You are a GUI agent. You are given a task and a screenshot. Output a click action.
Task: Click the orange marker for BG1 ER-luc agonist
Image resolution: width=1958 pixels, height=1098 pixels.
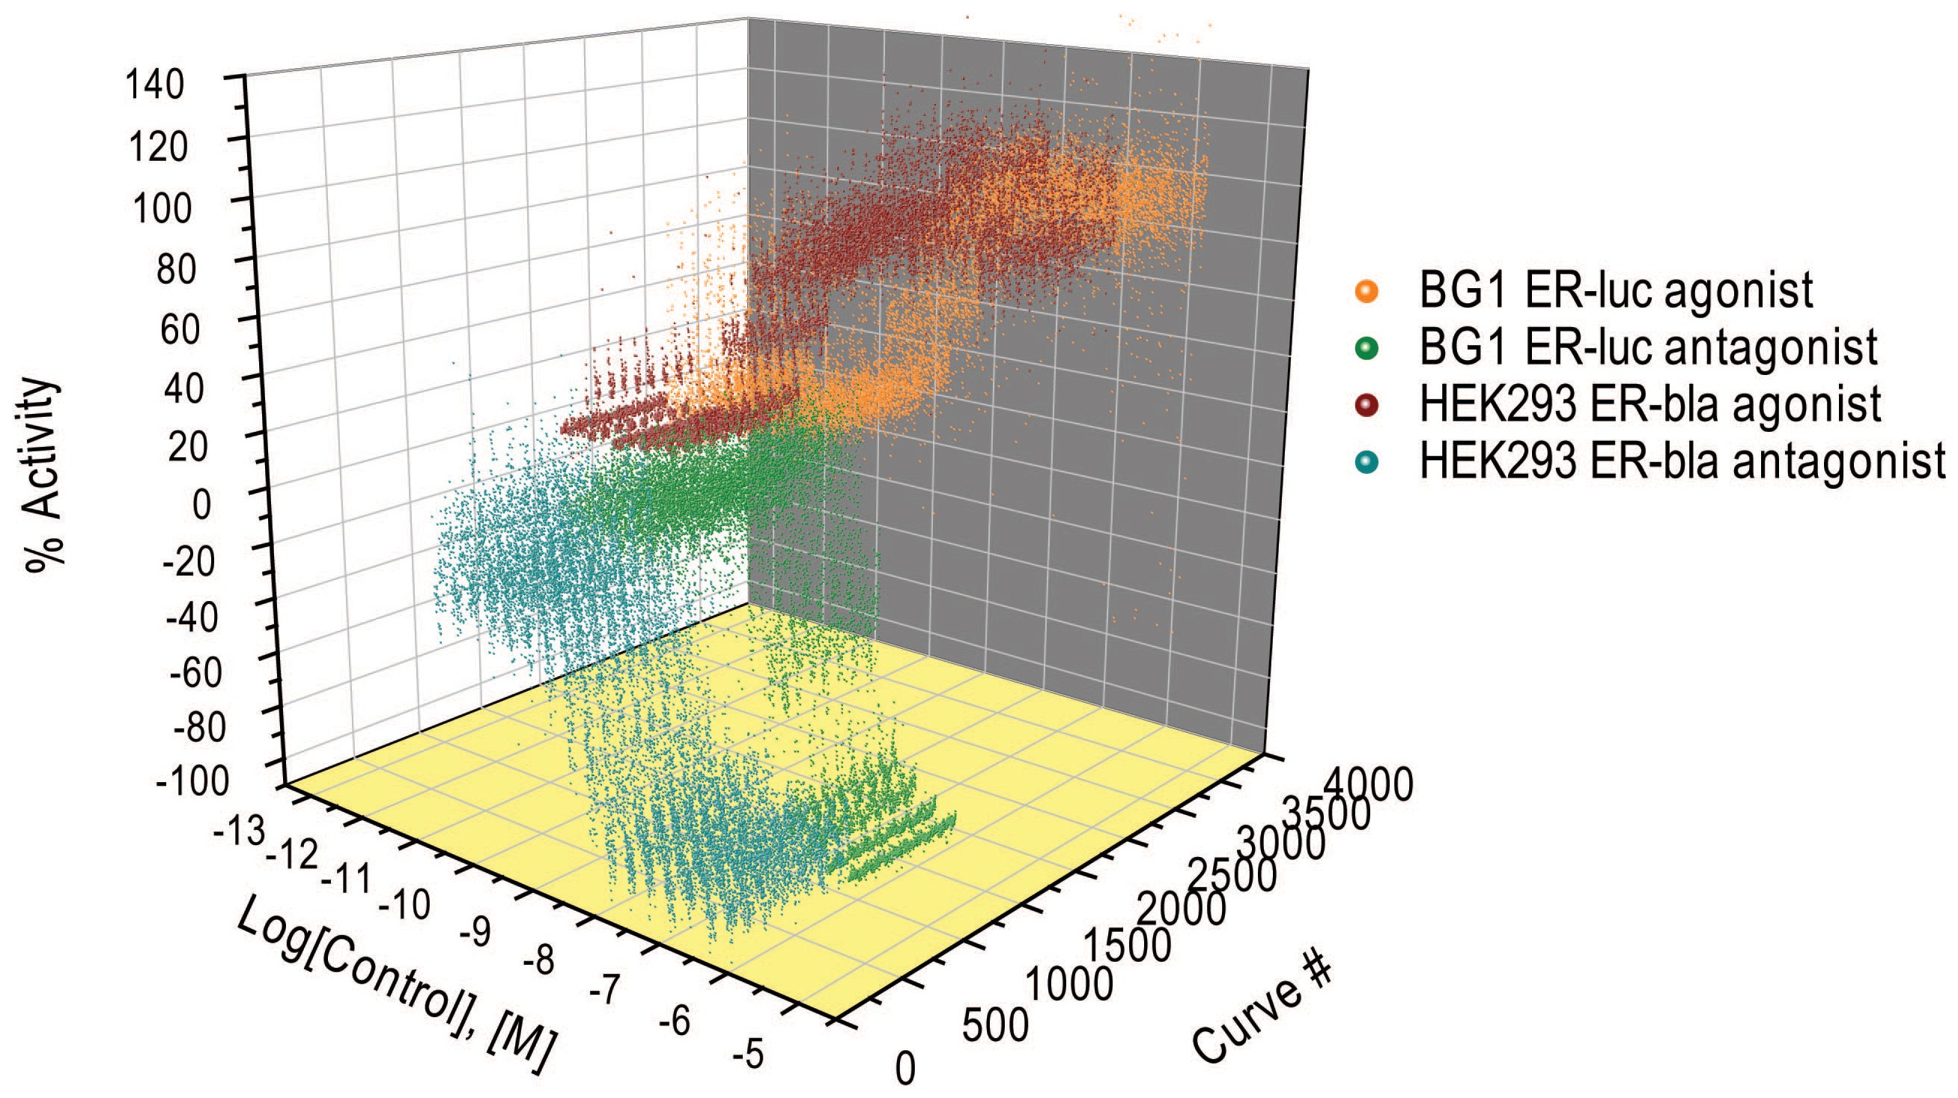[x=1366, y=292]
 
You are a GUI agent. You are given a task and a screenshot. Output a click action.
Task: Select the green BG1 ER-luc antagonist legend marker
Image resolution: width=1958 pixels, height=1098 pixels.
[x=1366, y=349]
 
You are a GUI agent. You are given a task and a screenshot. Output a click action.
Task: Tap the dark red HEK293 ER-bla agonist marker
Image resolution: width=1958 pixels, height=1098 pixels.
[x=1366, y=405]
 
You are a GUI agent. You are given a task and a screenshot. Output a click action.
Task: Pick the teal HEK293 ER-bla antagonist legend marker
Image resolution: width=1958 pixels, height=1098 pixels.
[x=1366, y=462]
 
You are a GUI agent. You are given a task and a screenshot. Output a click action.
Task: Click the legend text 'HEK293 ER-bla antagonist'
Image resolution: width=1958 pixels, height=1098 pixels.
[x=1681, y=462]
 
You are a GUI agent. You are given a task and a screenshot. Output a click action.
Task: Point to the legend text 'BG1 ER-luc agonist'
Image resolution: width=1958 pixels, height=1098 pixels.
[x=1616, y=290]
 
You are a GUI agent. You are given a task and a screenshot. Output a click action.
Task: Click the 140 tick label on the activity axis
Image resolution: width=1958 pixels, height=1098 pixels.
[x=155, y=85]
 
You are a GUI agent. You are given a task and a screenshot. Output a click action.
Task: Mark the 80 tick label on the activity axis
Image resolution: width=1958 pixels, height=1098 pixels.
[x=177, y=269]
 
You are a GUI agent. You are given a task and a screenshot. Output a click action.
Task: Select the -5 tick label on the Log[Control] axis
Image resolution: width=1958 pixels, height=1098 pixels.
[x=748, y=1055]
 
